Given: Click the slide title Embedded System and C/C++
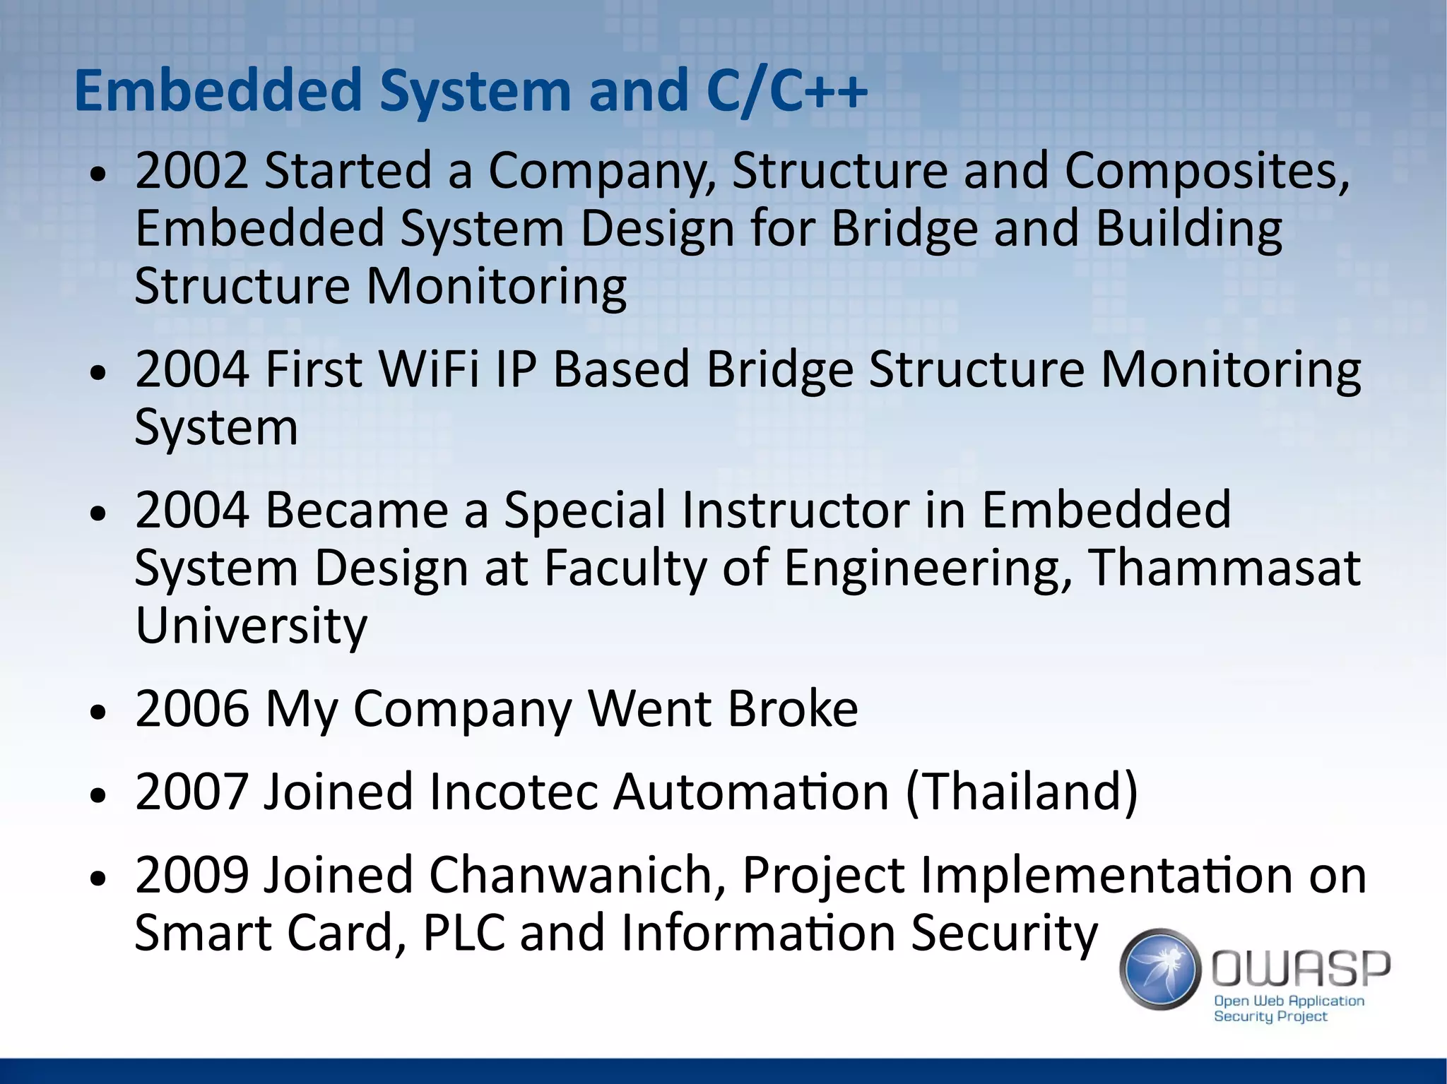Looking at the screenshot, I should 470,90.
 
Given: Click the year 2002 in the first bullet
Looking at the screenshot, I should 191,171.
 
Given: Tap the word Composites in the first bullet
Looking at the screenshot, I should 1206,171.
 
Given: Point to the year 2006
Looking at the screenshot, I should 191,708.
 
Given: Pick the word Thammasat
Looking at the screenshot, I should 1223,568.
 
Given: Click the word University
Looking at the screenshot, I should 251,626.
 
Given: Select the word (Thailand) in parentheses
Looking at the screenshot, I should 1022,792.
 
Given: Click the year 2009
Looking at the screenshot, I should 191,875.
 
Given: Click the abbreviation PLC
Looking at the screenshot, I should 463,933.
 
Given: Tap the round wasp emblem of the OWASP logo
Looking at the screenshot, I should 1160,968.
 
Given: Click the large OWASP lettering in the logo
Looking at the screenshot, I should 1301,967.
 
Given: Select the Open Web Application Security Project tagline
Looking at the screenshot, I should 1287,1008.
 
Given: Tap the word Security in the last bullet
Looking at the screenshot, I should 1004,933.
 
